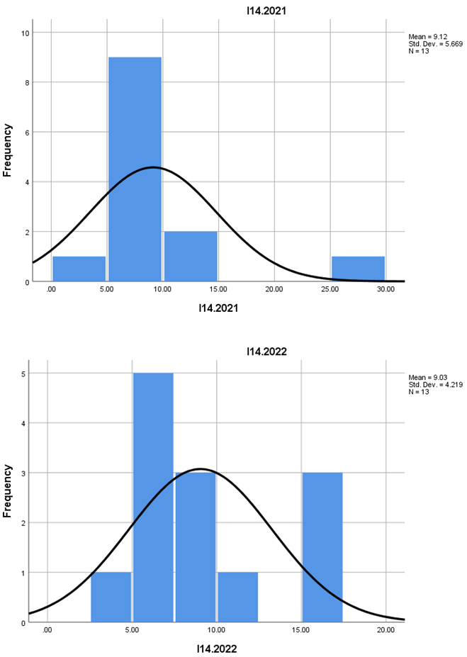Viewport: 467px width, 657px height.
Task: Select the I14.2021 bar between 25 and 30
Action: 358,269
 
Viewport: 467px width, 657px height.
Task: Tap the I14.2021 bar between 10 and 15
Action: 191,257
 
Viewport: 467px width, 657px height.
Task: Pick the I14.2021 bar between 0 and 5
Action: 79,269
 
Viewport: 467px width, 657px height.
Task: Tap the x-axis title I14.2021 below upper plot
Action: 218,309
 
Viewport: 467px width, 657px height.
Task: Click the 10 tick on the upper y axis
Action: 25,33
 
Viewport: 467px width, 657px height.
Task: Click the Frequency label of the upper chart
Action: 8,150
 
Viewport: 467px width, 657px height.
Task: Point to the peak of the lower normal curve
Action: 201,468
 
